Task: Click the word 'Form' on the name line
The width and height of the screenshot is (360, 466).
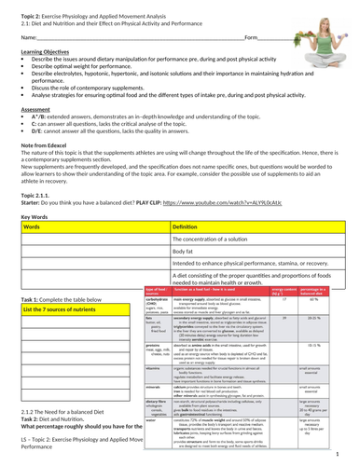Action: (251, 63)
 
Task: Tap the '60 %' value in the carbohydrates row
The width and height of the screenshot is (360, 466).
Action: (340, 299)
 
